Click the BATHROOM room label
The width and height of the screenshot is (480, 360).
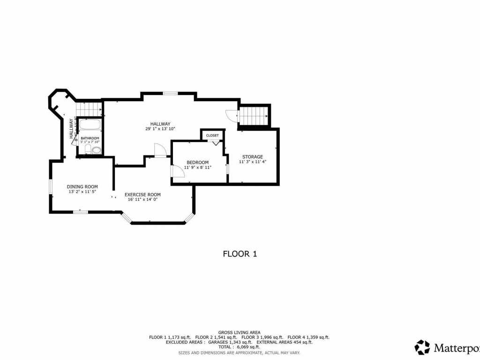90,138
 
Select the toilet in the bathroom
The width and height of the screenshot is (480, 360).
88,149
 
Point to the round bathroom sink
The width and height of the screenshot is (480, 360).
97,150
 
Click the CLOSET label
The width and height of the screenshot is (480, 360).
212,135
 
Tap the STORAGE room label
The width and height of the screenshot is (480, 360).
252,157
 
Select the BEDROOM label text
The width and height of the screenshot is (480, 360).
197,162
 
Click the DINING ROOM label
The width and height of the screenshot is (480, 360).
82,187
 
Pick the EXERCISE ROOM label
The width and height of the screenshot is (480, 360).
142,195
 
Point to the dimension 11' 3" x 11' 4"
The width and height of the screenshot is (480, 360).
252,162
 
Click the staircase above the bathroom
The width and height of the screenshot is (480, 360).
89,109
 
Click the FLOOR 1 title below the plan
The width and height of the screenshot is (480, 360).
240,254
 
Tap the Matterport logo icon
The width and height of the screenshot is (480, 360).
422,347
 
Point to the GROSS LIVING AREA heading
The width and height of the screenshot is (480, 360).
239,332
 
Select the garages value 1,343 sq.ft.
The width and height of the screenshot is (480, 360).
234,342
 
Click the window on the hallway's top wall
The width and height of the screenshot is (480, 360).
170,93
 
